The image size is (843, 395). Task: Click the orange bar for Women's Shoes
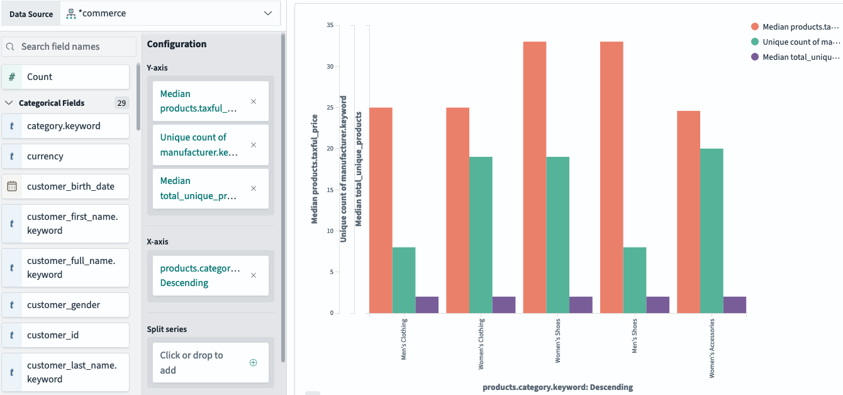coord(534,177)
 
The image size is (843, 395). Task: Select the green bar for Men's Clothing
coord(404,280)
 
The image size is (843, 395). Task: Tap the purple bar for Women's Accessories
coord(734,305)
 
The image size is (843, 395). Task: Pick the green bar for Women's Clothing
coord(481,234)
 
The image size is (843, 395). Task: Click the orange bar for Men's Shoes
coord(611,177)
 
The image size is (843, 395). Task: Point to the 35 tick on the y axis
coord(330,25)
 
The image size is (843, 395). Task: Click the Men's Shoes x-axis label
coord(635,340)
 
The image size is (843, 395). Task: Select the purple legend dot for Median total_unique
coord(755,57)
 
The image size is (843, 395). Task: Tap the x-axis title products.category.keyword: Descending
coord(557,387)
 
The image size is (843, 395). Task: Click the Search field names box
coord(69,47)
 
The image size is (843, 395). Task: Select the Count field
coord(66,77)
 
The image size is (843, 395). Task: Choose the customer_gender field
coord(66,305)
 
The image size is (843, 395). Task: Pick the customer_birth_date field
coord(66,186)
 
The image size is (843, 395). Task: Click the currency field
coord(66,156)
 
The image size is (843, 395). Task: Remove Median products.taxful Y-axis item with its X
coord(254,101)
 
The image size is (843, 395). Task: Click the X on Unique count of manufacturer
coord(254,145)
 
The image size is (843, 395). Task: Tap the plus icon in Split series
coord(254,362)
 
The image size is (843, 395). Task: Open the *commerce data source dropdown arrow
coord(268,13)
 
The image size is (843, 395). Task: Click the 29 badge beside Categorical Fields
coord(121,103)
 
